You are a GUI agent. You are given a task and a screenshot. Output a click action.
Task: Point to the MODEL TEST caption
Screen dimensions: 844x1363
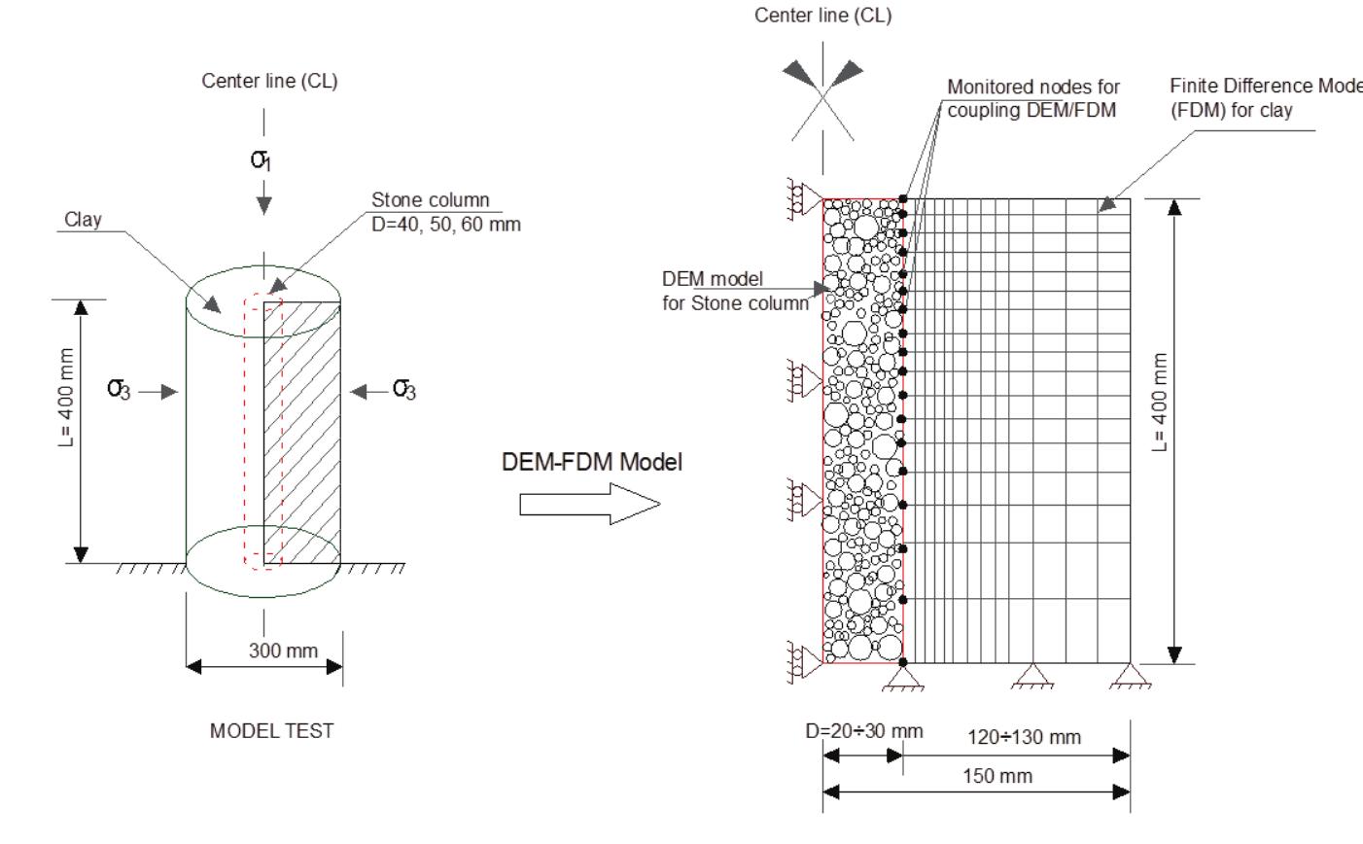click(272, 731)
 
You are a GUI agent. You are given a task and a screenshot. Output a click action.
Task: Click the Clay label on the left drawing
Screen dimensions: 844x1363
click(83, 220)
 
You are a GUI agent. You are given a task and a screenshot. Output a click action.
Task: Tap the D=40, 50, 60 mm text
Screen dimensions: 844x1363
click(446, 224)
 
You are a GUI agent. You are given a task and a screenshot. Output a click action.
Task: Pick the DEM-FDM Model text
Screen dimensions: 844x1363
click(592, 463)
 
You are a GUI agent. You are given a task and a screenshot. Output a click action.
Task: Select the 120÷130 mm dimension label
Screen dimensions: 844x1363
click(1024, 737)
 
